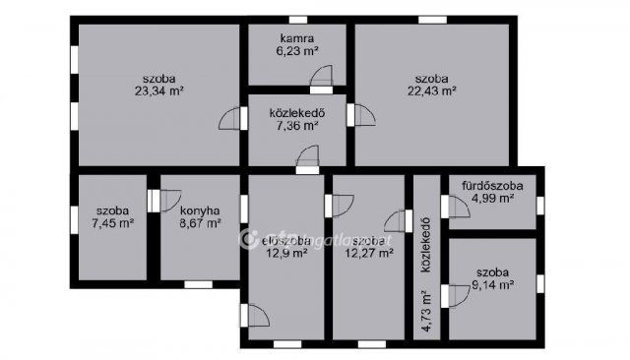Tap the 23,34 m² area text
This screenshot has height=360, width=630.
(x=160, y=90)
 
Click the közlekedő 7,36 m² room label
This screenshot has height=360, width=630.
(x=296, y=112)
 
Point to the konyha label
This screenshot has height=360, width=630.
(x=200, y=210)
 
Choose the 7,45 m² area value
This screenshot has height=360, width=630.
(x=112, y=223)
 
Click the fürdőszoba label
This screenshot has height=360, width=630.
(x=492, y=185)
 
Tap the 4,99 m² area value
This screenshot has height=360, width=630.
(x=492, y=198)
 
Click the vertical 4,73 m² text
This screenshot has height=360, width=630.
(x=425, y=314)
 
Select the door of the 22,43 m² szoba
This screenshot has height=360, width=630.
(x=362, y=115)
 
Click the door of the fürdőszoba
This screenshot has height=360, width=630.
(x=456, y=207)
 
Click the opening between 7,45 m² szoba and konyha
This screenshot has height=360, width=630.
(x=153, y=199)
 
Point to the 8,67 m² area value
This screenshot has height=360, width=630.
(x=200, y=223)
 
